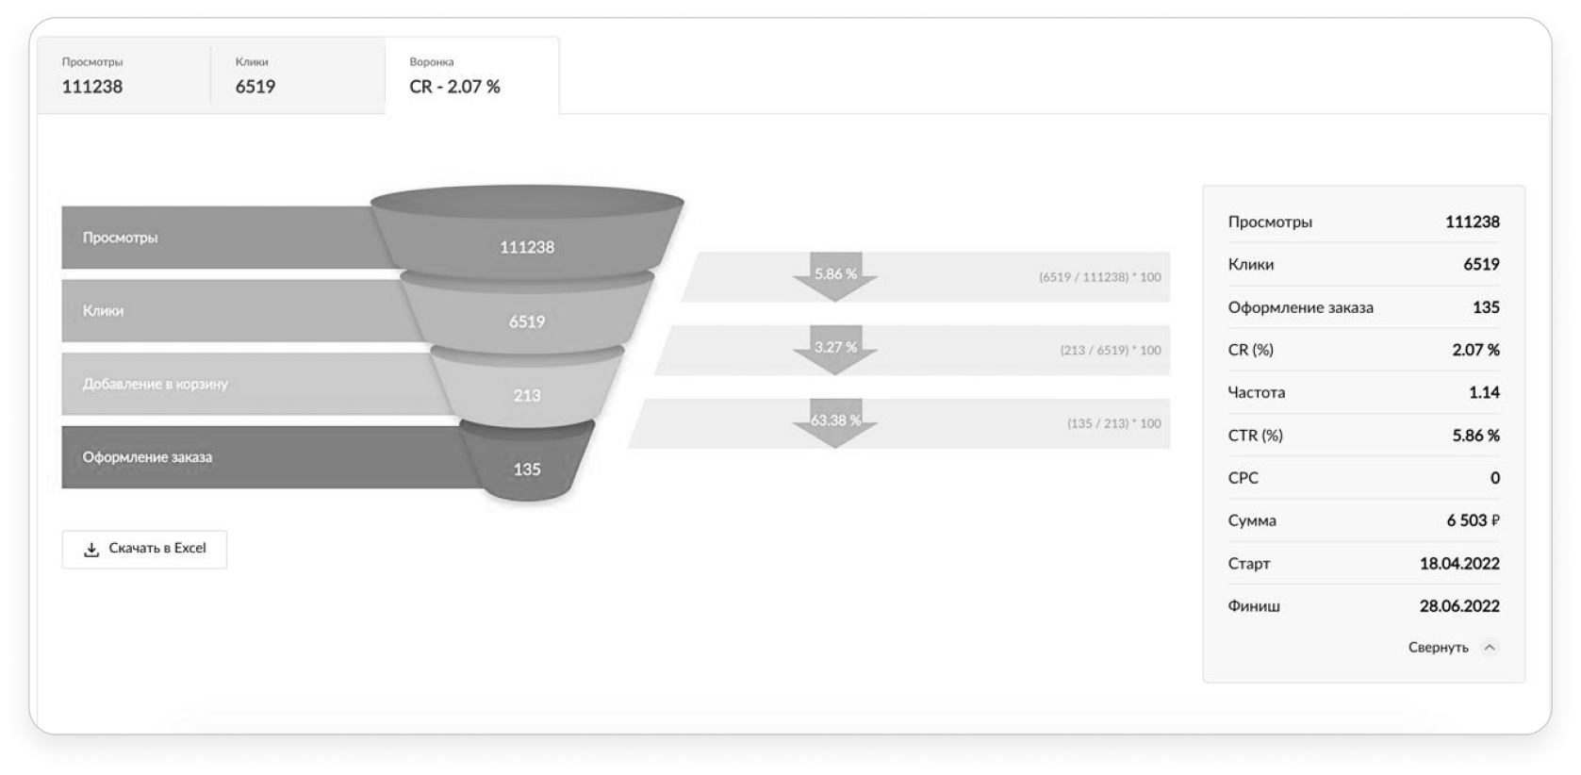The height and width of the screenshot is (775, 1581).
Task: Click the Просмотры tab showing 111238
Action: click(x=123, y=75)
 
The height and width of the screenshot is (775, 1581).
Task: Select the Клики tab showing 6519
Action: click(x=296, y=75)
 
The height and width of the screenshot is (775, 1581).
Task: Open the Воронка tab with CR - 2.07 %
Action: click(x=471, y=75)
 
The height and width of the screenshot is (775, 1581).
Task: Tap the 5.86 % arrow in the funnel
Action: click(x=835, y=275)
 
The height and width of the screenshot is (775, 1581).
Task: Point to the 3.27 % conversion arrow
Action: click(x=835, y=349)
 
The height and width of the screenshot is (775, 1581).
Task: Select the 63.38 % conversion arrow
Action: click(x=835, y=421)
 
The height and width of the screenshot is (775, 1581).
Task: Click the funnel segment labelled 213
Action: click(x=527, y=395)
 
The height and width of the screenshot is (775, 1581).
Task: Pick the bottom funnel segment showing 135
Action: click(x=527, y=469)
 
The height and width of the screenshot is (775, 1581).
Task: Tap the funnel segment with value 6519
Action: click(x=527, y=322)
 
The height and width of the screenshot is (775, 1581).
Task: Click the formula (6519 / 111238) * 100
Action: click(x=1099, y=277)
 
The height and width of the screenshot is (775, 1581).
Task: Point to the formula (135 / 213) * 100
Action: click(x=1113, y=423)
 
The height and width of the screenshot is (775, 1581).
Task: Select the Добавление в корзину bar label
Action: click(x=156, y=384)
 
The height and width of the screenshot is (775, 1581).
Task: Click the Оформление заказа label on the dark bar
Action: click(x=148, y=457)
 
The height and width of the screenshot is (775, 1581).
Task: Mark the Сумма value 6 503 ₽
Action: click(x=1473, y=520)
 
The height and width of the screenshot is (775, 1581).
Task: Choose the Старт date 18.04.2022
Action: click(x=1459, y=564)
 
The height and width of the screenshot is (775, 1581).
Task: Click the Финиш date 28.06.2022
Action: click(x=1459, y=606)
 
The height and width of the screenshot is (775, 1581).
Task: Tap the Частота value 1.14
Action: click(x=1484, y=392)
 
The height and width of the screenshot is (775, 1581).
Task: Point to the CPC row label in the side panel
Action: click(x=1243, y=478)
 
